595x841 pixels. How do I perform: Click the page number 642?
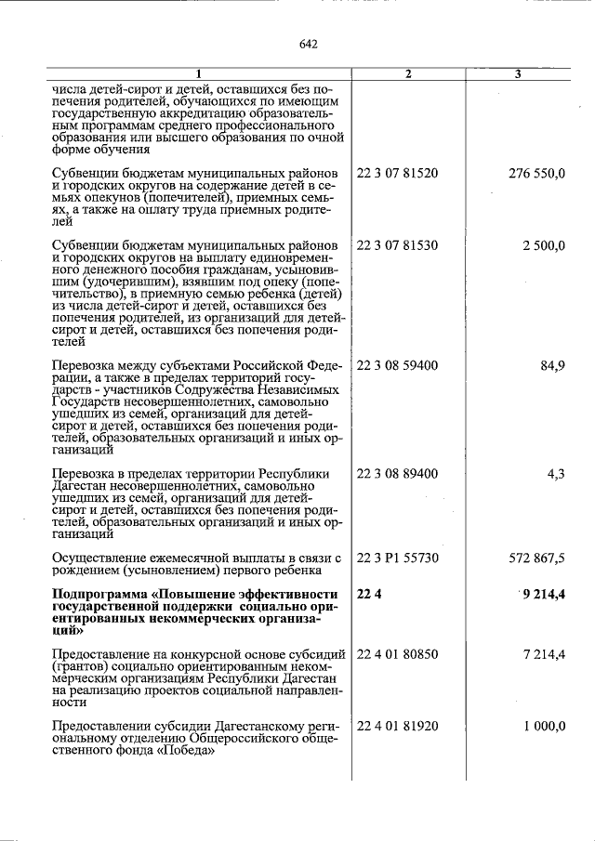coord(309,44)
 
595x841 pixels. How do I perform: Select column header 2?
coord(408,73)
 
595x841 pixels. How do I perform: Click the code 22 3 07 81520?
coord(397,174)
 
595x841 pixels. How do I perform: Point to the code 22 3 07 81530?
coord(397,245)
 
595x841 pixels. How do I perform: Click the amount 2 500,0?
coord(544,245)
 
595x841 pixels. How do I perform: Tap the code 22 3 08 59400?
coord(397,365)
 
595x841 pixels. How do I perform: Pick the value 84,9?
coord(552,365)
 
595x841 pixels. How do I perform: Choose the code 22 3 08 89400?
coord(397,474)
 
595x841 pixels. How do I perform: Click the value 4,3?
coord(556,474)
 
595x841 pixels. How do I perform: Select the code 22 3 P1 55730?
coord(397,558)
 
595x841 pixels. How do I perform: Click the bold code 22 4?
coord(369,595)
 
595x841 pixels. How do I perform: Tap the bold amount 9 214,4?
coord(543,595)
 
